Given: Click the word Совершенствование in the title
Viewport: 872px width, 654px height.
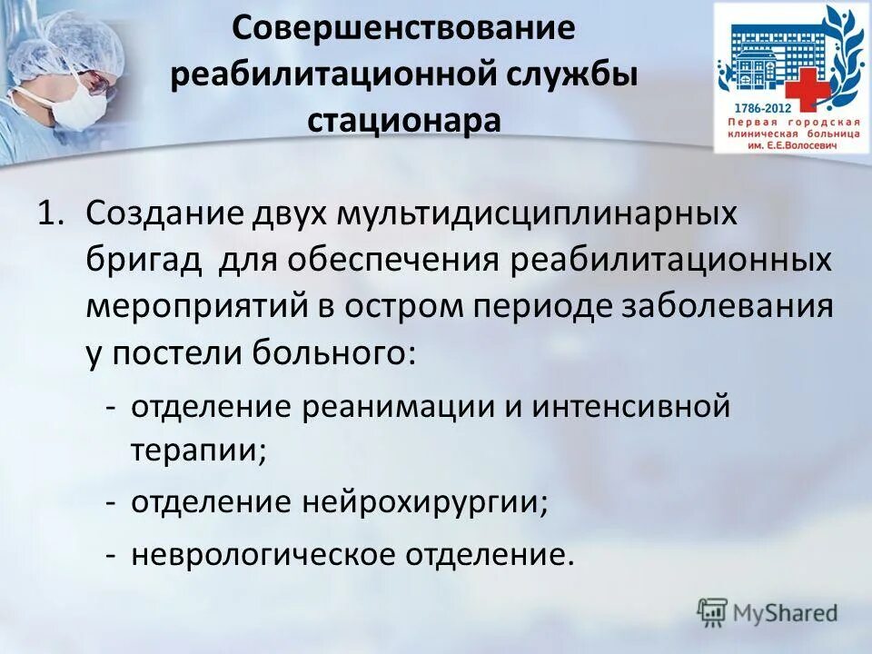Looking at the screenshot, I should [x=403, y=27].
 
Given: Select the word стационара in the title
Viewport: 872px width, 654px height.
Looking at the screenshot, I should [x=403, y=120].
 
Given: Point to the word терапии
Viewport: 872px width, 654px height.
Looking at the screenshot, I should [x=197, y=450].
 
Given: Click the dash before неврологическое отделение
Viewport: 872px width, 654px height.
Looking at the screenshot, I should [x=111, y=553].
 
